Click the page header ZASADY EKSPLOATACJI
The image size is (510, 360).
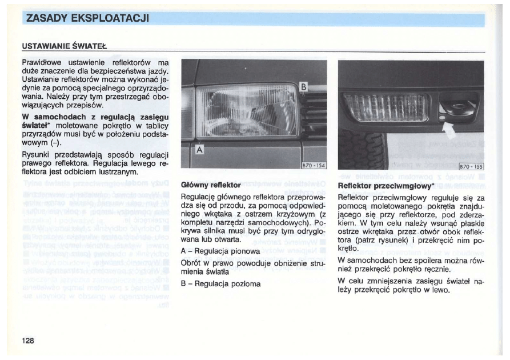[x=87, y=18]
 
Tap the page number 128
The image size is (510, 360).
[x=29, y=341]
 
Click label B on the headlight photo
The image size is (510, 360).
[x=304, y=87]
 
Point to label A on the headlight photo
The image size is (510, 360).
[x=199, y=150]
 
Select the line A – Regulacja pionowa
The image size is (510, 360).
[x=220, y=251]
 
